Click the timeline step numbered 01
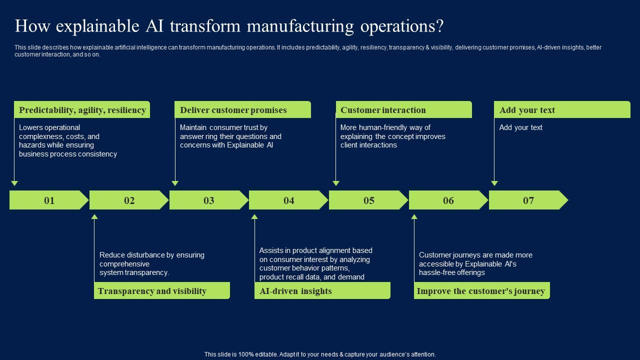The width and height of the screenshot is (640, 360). click(x=49, y=200)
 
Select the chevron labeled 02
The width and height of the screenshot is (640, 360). click(x=129, y=200)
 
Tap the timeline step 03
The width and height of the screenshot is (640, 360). click(x=208, y=200)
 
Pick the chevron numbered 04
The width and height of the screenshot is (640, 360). click(x=288, y=200)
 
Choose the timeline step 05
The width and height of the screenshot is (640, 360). click(x=368, y=200)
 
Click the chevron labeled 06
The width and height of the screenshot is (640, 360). click(x=448, y=200)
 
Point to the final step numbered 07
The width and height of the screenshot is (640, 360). click(x=528, y=200)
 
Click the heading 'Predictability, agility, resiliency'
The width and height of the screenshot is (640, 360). click(x=82, y=110)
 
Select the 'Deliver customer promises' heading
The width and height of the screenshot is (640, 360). click(x=242, y=110)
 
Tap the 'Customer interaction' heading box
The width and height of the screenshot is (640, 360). click(x=403, y=110)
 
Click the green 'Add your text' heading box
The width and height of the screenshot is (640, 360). click(x=562, y=110)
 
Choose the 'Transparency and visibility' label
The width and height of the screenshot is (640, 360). click(x=161, y=291)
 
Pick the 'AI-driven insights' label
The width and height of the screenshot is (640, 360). click(x=322, y=291)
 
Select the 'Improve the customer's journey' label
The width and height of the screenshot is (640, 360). click(x=481, y=291)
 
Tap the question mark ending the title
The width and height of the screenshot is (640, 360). click(x=439, y=26)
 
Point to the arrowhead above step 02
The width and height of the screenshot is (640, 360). click(x=94, y=217)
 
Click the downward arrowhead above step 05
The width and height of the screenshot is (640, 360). click(x=335, y=183)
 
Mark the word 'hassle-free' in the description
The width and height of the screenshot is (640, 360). click(x=437, y=272)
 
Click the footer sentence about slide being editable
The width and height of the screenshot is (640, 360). click(x=320, y=354)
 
